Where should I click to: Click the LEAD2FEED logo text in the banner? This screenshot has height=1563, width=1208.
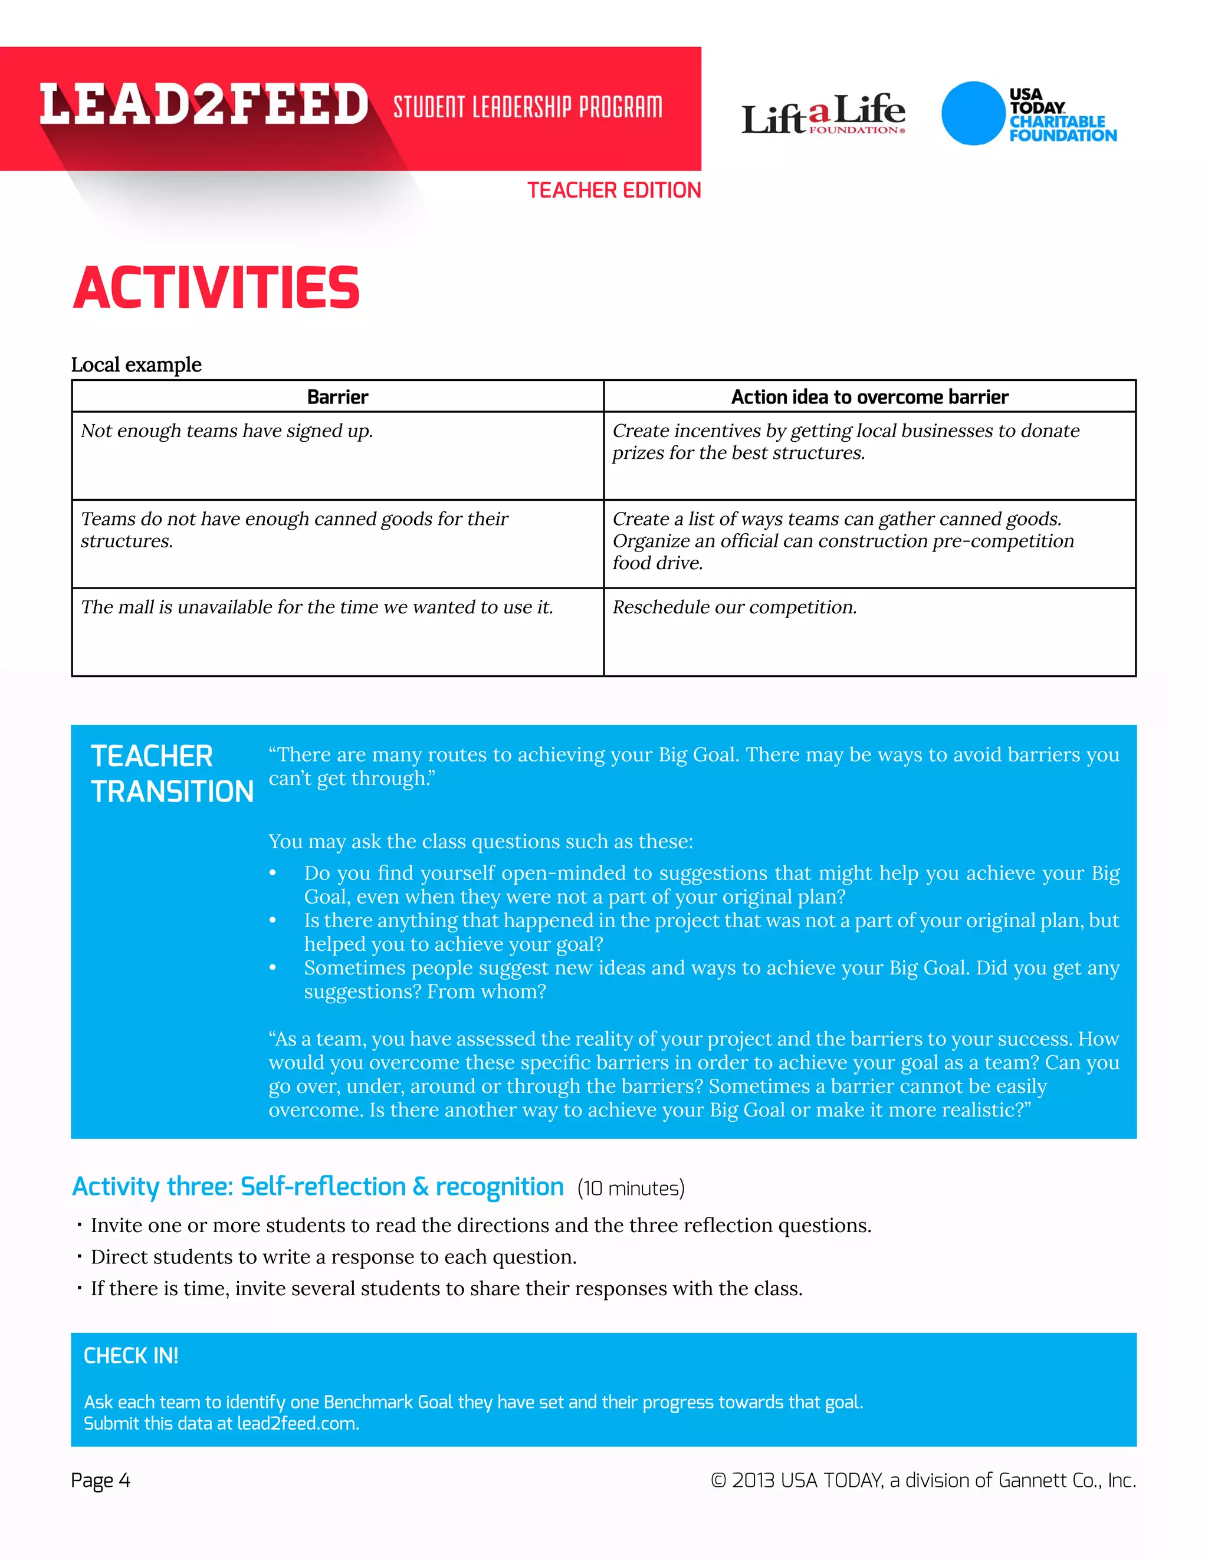click(x=204, y=104)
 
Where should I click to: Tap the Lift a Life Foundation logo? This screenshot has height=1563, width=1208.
click(x=823, y=114)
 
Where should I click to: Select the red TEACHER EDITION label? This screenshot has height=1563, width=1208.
click(x=614, y=191)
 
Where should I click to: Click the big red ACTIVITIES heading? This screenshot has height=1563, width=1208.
click(x=216, y=288)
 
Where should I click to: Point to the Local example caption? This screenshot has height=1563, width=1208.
click(x=136, y=365)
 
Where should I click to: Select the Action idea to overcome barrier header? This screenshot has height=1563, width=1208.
click(x=869, y=397)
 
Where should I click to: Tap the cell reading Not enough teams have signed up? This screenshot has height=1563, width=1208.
click(x=227, y=431)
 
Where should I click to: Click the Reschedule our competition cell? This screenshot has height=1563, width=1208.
click(x=734, y=608)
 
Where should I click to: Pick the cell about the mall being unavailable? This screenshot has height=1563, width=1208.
click(x=316, y=608)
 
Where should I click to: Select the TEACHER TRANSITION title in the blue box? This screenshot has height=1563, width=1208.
click(x=172, y=774)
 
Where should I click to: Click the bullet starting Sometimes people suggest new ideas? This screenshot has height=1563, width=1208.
click(x=711, y=979)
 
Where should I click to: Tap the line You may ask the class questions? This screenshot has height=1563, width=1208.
click(x=480, y=842)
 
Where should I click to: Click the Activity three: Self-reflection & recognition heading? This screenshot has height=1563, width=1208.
click(x=318, y=1187)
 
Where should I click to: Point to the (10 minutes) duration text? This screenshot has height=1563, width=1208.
click(x=631, y=1188)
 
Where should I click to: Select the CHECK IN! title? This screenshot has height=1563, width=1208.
click(x=131, y=1356)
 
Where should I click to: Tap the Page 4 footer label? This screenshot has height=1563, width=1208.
click(x=100, y=1480)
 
